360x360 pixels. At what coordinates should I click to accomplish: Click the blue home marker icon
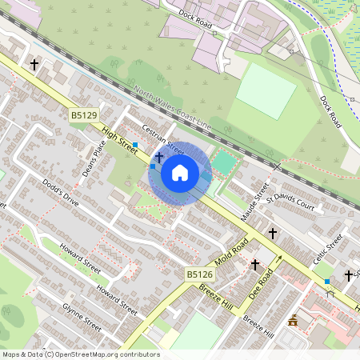pyautogui.click(x=180, y=172)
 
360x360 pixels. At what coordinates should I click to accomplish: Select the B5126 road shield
pyautogui.click(x=198, y=274)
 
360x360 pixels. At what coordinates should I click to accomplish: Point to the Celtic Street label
pyautogui.click(x=327, y=242)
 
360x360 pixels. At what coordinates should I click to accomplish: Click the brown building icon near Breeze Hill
pyautogui.click(x=293, y=321)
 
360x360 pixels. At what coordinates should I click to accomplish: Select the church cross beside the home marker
pyautogui.click(x=159, y=157)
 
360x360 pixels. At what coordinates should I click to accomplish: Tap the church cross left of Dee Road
pyautogui.click(x=255, y=264)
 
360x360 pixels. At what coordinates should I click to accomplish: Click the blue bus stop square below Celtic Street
pyautogui.click(x=326, y=282)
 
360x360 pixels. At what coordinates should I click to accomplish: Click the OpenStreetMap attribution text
pyautogui.click(x=80, y=354)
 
